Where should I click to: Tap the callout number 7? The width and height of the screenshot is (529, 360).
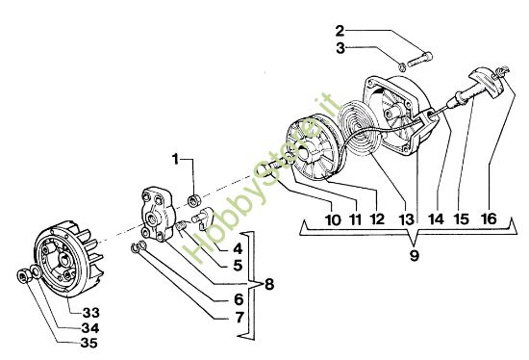(238, 317)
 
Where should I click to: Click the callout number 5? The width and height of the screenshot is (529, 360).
(238, 266)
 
